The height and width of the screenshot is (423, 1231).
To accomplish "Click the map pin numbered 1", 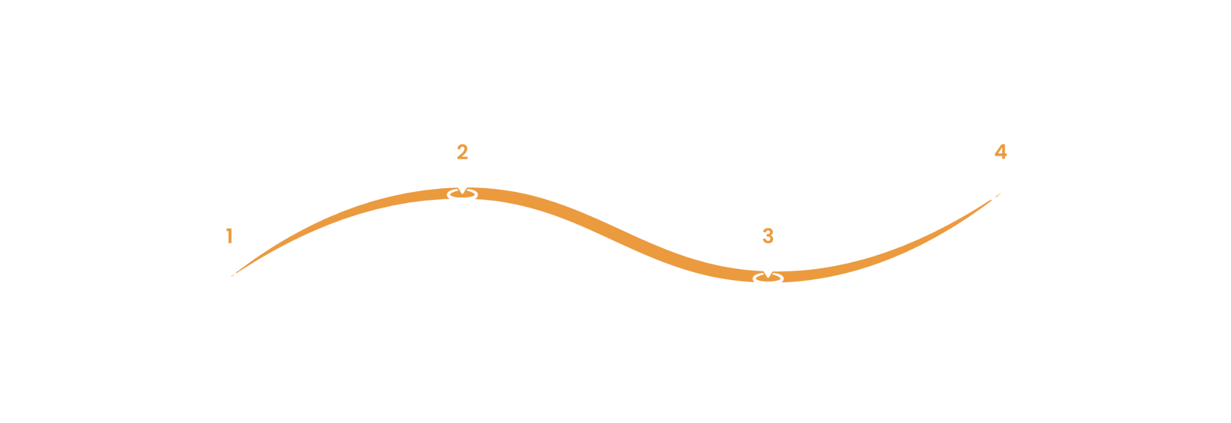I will [x=229, y=237].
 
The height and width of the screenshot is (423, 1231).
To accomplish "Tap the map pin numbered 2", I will [x=462, y=153].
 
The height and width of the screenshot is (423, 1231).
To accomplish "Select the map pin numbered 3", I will [x=768, y=237].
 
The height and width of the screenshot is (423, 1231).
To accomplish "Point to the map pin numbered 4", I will [x=1000, y=152].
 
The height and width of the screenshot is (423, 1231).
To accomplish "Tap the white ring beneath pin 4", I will [x=1001, y=194].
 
